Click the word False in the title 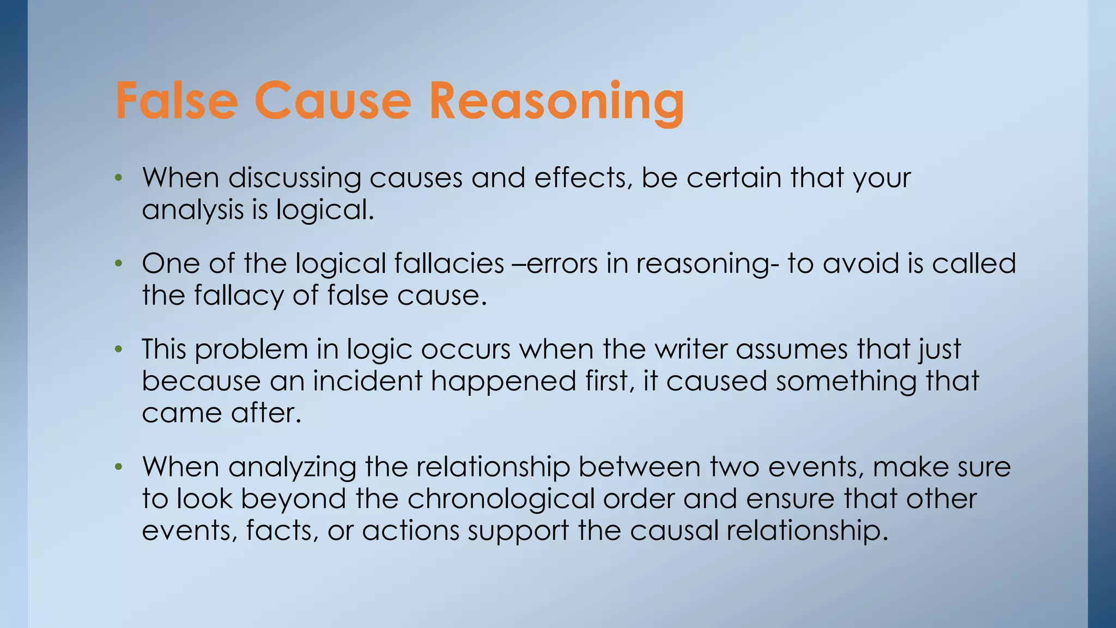[x=177, y=101]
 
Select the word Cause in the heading [x=332, y=101]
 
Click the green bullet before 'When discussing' [x=118, y=178]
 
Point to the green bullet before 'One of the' [x=118, y=264]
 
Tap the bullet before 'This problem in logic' [x=118, y=349]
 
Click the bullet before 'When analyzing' [x=118, y=467]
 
